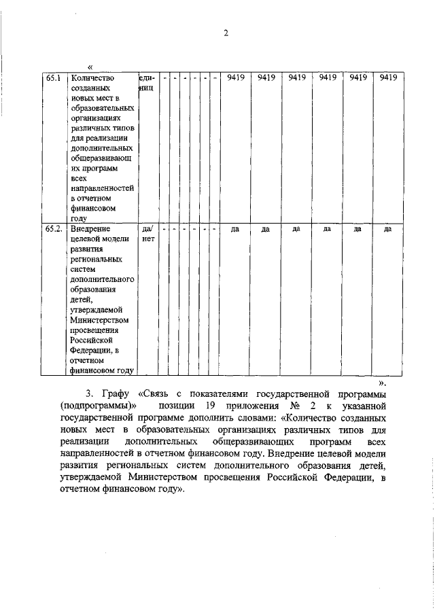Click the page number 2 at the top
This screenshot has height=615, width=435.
(226, 33)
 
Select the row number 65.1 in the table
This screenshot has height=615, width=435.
(54, 78)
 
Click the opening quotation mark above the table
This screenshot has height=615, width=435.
(90, 67)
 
